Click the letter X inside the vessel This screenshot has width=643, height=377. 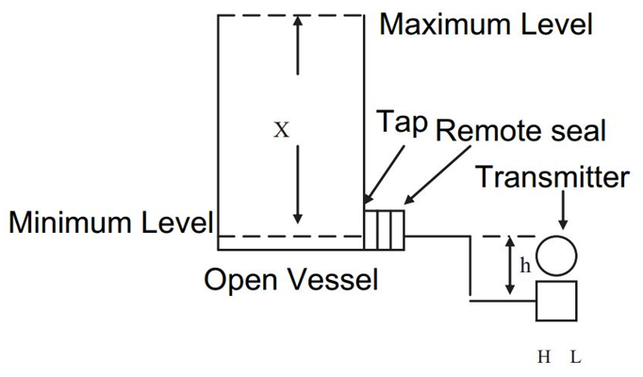click(x=281, y=130)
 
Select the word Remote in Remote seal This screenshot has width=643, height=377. click(x=484, y=129)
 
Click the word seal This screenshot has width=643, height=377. click(x=574, y=129)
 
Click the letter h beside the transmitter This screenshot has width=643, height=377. click(x=526, y=267)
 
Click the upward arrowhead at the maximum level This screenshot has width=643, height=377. click(x=298, y=25)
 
